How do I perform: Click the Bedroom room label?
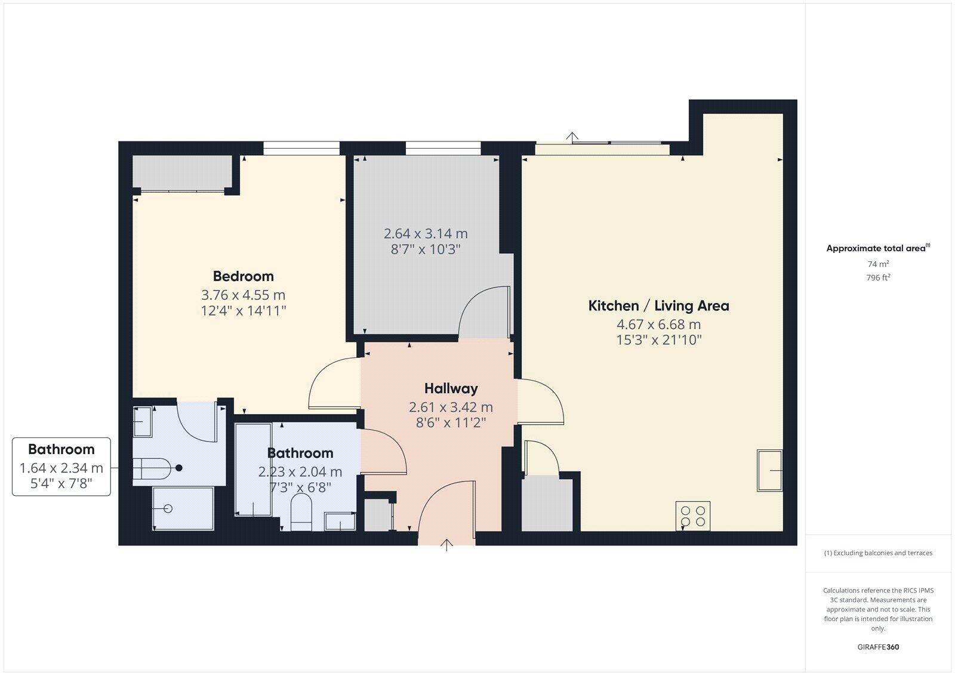tap(243, 276)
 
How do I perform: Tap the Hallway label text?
tap(451, 388)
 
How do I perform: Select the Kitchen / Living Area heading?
tap(658, 306)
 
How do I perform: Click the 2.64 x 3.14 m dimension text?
tap(426, 234)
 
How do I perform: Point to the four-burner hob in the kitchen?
tap(692, 516)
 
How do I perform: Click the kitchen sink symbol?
tap(769, 470)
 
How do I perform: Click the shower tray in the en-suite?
tap(183, 508)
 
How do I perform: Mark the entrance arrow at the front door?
tap(447, 544)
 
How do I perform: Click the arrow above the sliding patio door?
tap(573, 137)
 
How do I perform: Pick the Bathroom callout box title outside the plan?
tap(61, 449)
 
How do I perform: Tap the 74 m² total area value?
tap(878, 264)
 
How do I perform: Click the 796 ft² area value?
tap(878, 277)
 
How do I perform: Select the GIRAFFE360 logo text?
tap(878, 647)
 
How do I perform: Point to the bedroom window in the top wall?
tap(301, 148)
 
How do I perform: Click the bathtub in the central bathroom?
tap(253, 470)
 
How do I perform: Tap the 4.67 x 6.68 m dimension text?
tap(658, 325)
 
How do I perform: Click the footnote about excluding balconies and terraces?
tap(878, 553)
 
